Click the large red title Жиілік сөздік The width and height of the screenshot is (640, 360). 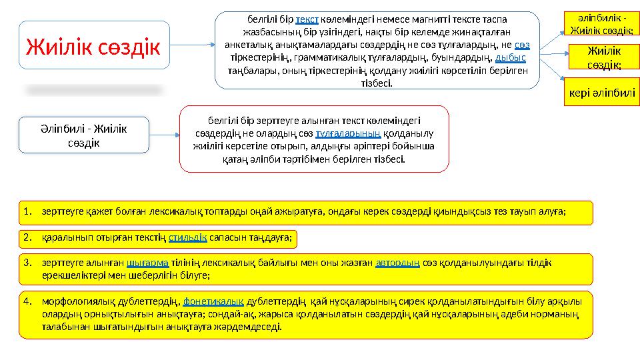(93, 46)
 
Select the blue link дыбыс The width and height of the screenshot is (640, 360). (511, 58)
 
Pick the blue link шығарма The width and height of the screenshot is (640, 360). (146, 263)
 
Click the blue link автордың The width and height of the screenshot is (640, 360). (397, 263)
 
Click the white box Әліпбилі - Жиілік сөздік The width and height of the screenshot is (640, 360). (83, 135)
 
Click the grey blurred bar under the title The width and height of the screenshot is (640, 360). (93, 89)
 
